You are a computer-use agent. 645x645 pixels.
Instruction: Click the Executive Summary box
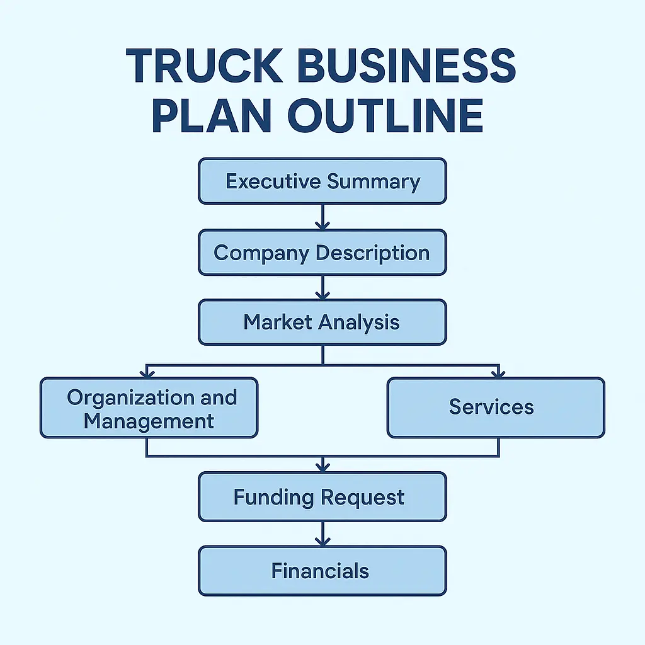[x=322, y=181]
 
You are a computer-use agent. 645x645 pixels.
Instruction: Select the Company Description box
[x=322, y=253]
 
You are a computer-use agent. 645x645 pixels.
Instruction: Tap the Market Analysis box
[x=322, y=322]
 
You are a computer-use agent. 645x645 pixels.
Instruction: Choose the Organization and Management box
[x=149, y=408]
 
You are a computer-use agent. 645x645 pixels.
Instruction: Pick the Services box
[x=496, y=407]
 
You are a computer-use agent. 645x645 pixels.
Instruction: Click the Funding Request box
[x=322, y=497]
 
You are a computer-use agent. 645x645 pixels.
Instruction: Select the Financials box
[x=322, y=571]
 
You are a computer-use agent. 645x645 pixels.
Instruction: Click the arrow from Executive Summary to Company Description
[x=322, y=217]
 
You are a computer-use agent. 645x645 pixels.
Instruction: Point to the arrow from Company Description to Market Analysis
[x=322, y=288]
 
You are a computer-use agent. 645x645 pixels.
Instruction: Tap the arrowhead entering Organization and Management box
[x=147, y=374]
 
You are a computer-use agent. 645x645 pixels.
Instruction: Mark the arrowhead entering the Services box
[x=498, y=374]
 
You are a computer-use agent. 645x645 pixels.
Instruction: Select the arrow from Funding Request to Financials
[x=322, y=534]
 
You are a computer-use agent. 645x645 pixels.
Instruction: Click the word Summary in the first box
[x=374, y=181]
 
